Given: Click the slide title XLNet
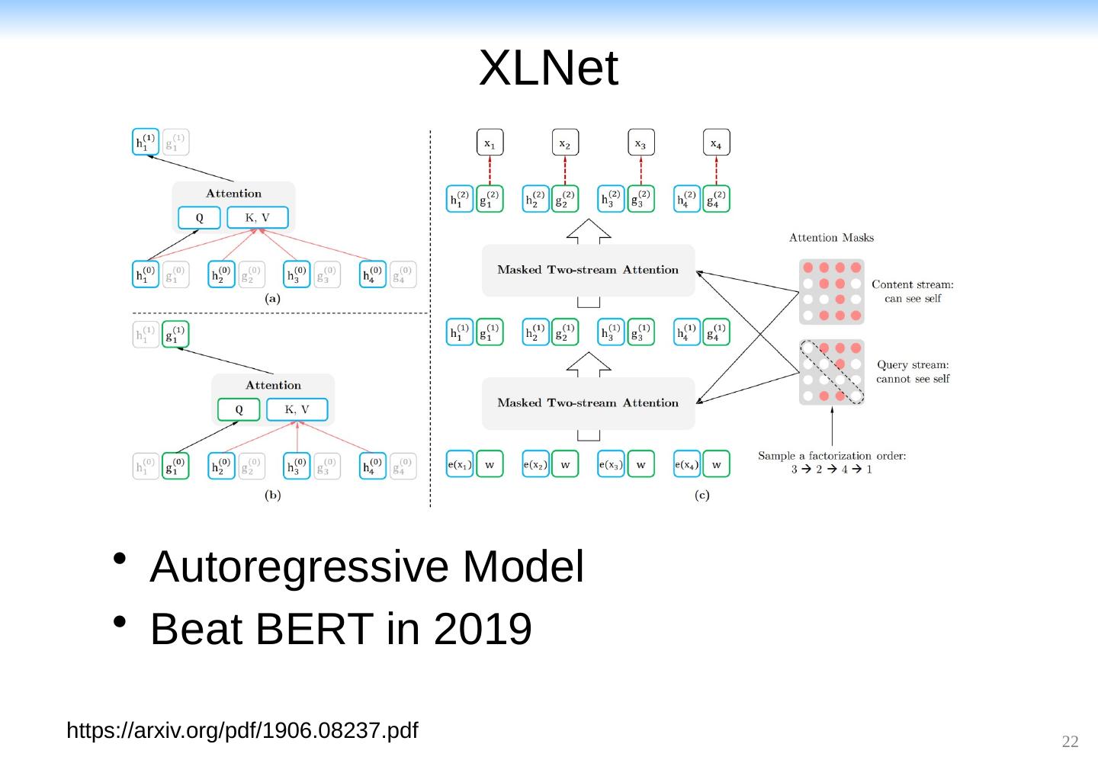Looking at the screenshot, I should pos(548,68).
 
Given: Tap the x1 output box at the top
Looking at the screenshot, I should pos(490,143).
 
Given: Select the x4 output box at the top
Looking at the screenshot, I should pos(715,143).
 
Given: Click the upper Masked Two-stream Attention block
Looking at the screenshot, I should pos(588,270).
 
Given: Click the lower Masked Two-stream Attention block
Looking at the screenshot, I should pos(588,403).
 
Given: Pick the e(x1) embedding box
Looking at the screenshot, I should pos(460,464).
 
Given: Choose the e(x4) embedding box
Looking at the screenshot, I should pos(686,464).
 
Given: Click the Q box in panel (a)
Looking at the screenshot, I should pos(199,218).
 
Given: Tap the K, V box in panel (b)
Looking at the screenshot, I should pos(297,409).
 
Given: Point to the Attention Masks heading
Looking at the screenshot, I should pos(831,238).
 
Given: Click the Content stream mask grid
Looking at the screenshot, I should pos(831,291).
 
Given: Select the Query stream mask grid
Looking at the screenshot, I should pos(831,372).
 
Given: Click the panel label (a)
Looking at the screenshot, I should pos(272,299).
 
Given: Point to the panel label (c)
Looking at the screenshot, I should pos(702,495).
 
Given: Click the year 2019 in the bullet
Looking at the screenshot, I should pos(483,629).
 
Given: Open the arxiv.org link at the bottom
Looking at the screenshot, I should pos(242,730).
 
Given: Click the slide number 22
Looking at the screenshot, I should pos(1071,742).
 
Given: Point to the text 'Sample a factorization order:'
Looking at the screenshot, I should pos(832,456).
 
